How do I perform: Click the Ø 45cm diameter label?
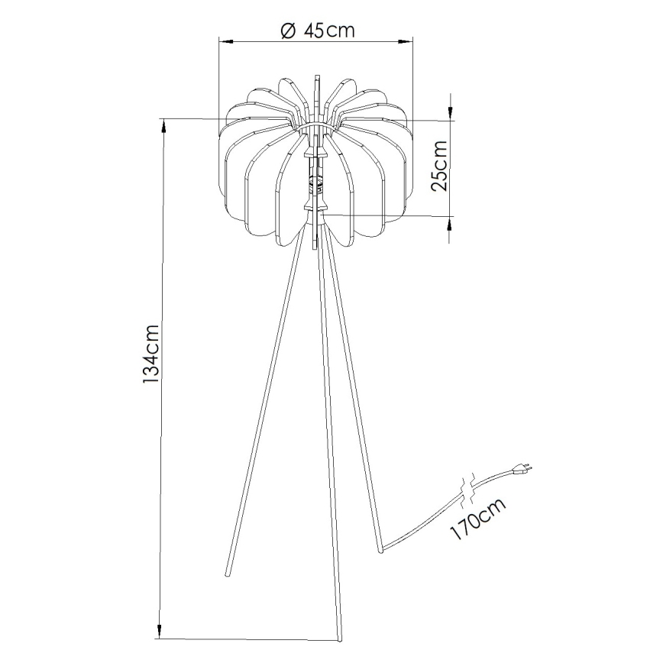(317, 31)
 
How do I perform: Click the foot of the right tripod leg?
(380, 547)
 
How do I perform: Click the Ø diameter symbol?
(287, 31)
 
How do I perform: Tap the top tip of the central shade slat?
(315, 76)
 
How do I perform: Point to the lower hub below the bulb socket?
(316, 206)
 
